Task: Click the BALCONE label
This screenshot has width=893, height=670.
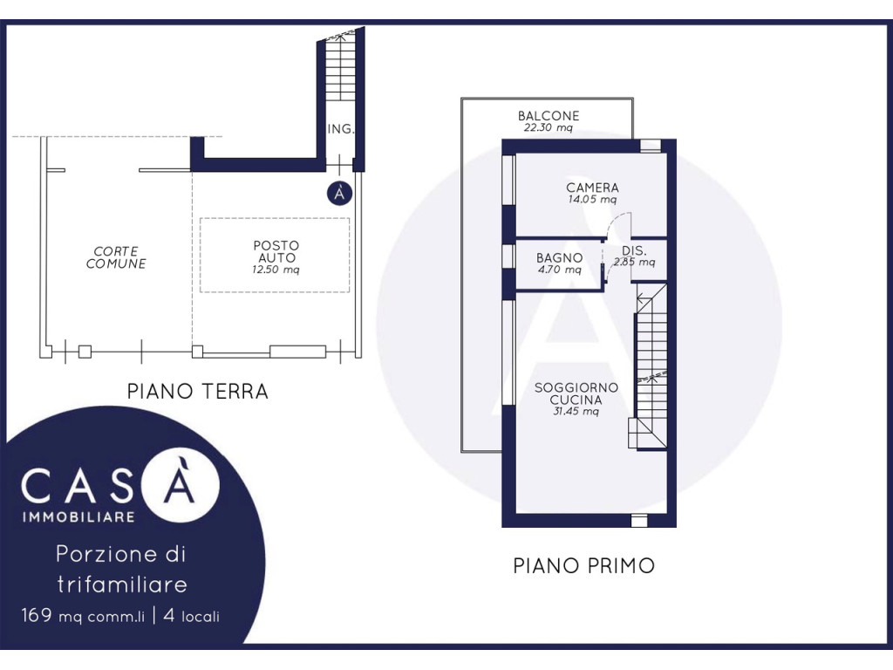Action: (x=548, y=116)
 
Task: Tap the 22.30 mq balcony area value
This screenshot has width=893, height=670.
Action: (x=548, y=127)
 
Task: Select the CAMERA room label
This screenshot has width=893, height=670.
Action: (x=592, y=188)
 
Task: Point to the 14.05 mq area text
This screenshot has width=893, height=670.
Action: (x=592, y=200)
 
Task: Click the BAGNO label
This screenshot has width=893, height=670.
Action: (x=559, y=258)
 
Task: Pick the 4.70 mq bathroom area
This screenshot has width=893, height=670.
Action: (x=559, y=270)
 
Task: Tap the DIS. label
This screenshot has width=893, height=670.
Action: (x=634, y=250)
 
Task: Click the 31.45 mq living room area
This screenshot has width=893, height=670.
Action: (x=576, y=412)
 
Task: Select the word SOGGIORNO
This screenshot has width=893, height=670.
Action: (x=576, y=387)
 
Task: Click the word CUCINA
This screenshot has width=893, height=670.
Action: (x=576, y=400)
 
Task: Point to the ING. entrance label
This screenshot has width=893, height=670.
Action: (x=341, y=129)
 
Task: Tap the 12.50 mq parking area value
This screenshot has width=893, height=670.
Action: (x=276, y=270)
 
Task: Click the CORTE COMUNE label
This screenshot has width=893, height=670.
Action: (x=116, y=257)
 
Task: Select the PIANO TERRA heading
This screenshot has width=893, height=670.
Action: (x=198, y=392)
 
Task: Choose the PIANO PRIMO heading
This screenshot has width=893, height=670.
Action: (x=583, y=565)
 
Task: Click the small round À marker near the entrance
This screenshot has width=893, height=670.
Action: (x=339, y=194)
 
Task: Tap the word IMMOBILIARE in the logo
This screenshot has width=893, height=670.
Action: (x=78, y=517)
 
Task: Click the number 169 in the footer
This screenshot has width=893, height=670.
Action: (x=37, y=615)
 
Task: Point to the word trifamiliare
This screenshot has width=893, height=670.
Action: (x=122, y=584)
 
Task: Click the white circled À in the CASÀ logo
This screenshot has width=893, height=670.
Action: (x=180, y=483)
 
